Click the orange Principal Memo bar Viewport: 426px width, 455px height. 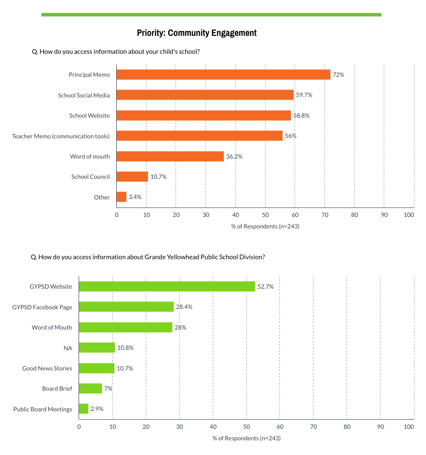[x=223, y=74]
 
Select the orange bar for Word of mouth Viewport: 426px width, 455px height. [x=170, y=156]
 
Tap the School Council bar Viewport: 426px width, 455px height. [x=132, y=176]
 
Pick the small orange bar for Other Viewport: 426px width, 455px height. [x=121, y=197]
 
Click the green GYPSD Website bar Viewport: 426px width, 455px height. [x=167, y=286]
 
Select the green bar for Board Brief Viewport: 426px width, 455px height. [x=91, y=388]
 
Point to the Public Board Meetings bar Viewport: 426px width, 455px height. [x=84, y=409]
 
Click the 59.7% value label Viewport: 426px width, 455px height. [x=304, y=95]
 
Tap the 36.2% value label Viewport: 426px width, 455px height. [x=234, y=157]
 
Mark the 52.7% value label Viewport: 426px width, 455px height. [x=265, y=287]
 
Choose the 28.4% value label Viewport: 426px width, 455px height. [x=184, y=307]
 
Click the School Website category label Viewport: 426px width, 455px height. [x=90, y=116]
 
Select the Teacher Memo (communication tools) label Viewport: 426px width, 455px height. [x=61, y=136]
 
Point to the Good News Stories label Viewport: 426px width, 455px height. [x=47, y=368]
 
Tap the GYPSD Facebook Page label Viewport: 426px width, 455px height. [x=42, y=307]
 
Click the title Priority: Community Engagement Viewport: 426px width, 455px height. [x=197, y=33]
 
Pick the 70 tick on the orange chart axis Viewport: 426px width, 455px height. [x=324, y=215]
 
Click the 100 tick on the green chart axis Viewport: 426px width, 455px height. [x=409, y=427]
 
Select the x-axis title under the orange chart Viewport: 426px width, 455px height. [x=265, y=226]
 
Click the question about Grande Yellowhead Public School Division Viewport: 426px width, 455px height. [x=148, y=257]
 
